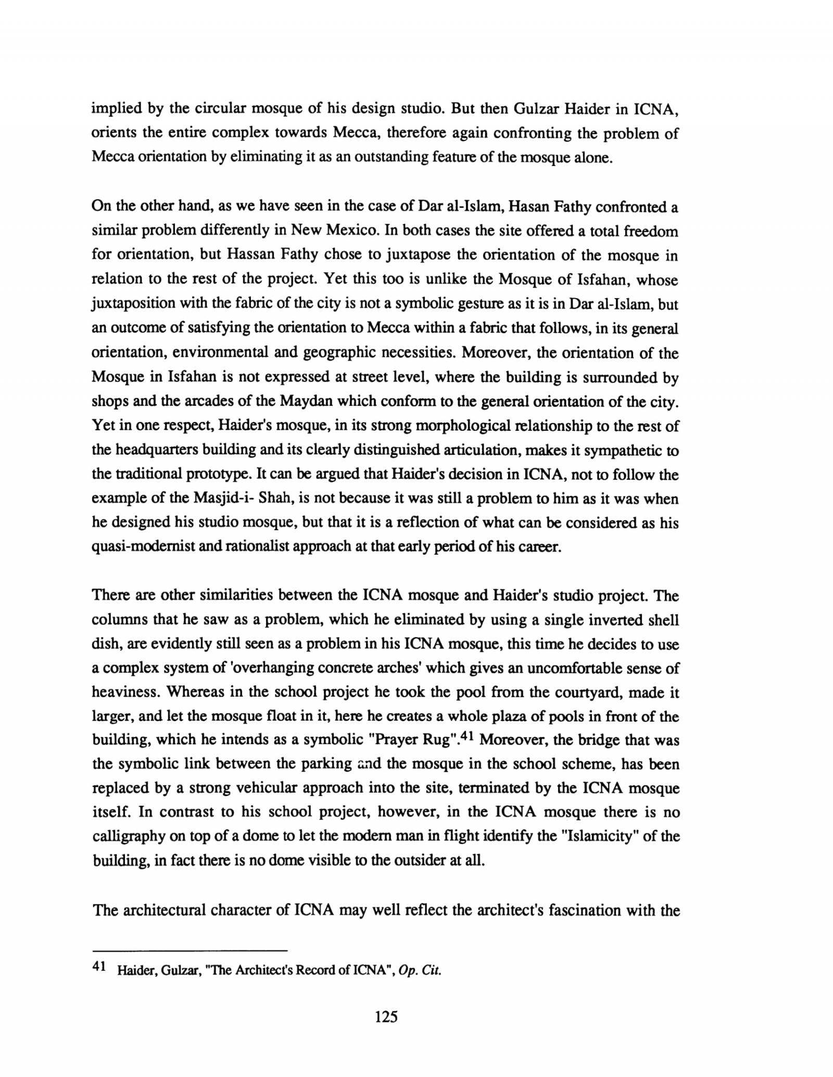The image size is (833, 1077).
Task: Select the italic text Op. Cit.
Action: (419, 971)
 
